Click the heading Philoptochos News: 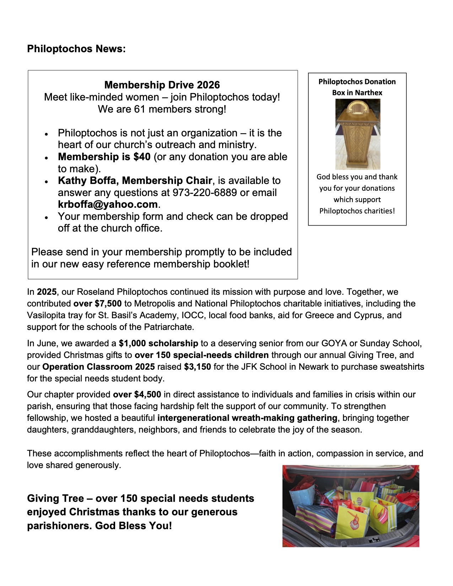point(76,49)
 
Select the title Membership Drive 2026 point(162,85)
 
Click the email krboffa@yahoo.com point(108,205)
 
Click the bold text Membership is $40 point(104,157)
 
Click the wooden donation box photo point(357,134)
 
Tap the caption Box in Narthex point(357,93)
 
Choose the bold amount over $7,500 point(97,304)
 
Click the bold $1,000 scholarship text point(158,343)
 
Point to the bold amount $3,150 point(198,367)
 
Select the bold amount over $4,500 point(137,395)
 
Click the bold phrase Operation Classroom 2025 point(98,367)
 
